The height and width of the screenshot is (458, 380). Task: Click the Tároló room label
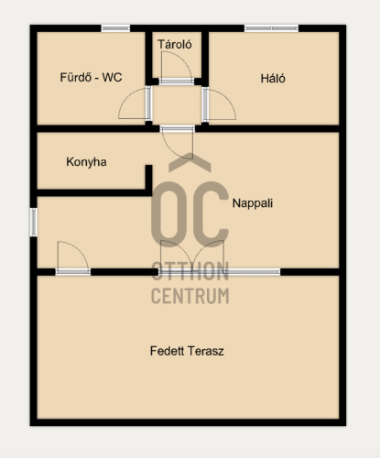point(175,45)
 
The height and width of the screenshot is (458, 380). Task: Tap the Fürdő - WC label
point(91,77)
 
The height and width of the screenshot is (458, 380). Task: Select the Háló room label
point(273,79)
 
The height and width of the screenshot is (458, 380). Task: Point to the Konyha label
point(86,162)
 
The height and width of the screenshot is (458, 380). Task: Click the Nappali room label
point(253,203)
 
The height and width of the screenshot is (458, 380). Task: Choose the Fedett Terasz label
point(187,351)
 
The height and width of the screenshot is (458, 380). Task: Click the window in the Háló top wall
point(271,28)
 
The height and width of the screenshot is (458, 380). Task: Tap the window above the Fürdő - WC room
point(115,28)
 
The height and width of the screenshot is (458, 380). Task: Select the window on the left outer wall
point(34,223)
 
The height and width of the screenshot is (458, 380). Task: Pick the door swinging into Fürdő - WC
point(136,104)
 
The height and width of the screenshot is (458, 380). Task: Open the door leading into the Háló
point(219,104)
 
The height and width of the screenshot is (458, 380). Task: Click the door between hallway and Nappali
point(178,142)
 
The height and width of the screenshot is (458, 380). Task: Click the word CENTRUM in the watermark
point(190,296)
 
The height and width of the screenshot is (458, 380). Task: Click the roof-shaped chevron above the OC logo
point(190,162)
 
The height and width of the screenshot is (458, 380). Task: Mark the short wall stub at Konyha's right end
point(148,180)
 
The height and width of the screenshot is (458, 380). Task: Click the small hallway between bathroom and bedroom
point(177,104)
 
